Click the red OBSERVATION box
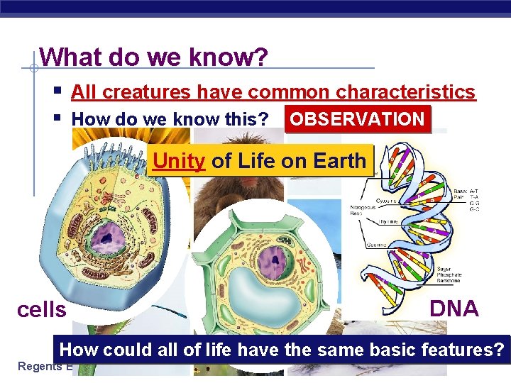[357, 119]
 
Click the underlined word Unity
[179, 161]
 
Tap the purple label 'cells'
[42, 310]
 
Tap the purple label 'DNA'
[454, 309]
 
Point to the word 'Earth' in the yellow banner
[339, 161]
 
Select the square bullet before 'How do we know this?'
[57, 118]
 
